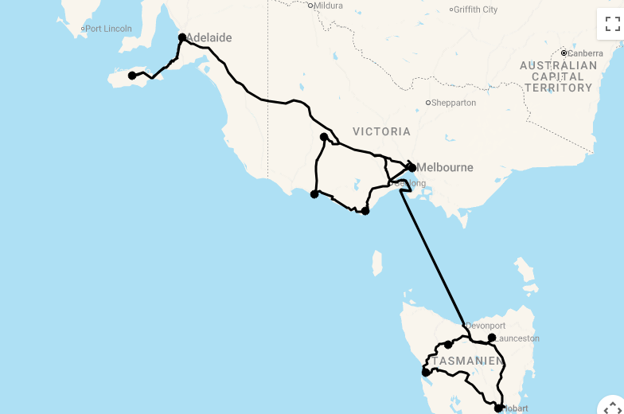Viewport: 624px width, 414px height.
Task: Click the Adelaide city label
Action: point(209,37)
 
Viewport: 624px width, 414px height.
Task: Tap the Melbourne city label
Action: point(447,167)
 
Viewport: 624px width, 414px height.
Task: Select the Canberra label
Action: point(586,53)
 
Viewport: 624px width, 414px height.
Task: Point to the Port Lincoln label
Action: point(108,29)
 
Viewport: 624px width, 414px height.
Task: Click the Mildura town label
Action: point(328,6)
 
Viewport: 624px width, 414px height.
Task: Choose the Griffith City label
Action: point(476,10)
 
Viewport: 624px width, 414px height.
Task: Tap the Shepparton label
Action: point(454,103)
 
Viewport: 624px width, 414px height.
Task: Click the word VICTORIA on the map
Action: point(381,131)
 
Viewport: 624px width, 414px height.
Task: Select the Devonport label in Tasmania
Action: point(486,326)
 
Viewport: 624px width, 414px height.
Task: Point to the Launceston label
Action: point(517,338)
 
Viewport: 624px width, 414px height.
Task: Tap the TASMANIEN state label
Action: point(469,361)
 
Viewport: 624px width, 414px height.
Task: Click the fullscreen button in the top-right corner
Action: point(611,23)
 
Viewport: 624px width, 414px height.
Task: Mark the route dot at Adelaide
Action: point(182,37)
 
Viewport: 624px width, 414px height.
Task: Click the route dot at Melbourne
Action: point(411,168)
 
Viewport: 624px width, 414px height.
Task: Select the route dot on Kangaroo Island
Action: point(132,76)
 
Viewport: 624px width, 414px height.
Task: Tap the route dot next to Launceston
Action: point(492,338)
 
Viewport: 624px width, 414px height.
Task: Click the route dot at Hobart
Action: point(498,408)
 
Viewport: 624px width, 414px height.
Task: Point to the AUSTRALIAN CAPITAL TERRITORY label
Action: point(558,76)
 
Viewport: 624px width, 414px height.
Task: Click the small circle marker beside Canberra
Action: point(564,53)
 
